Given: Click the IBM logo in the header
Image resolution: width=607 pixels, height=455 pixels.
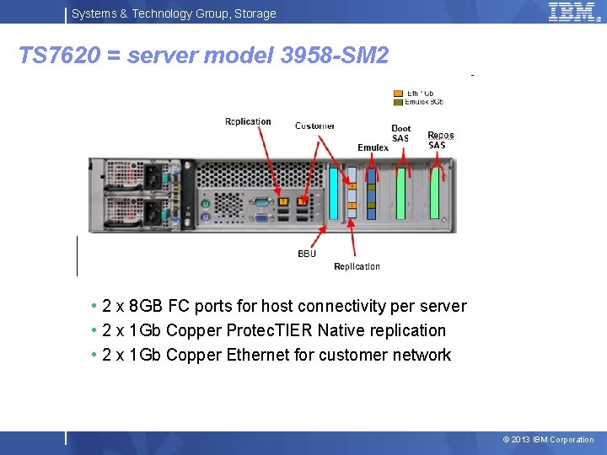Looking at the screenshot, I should coord(573,12).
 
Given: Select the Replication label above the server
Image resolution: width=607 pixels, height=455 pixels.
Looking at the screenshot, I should coord(248,121).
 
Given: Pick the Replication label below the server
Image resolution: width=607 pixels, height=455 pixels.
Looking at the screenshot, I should coord(357,266).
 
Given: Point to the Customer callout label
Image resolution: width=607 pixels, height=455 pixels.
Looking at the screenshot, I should coord(315,126).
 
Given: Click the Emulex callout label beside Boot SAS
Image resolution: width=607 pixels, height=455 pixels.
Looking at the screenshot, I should coord(373,147).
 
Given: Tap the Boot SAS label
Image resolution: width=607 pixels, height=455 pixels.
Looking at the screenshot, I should coord(400,133).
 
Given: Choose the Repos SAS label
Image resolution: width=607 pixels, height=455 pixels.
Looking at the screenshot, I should coord(440,140).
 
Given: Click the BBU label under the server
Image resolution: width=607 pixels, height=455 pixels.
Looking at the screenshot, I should coord(307,254).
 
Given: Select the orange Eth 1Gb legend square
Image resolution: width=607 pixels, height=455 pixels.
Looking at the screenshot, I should coord(398,93).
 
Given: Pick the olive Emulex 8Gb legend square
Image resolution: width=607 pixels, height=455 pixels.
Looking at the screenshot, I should coord(398,102).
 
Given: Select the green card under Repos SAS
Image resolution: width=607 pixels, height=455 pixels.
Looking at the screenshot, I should coord(436,194).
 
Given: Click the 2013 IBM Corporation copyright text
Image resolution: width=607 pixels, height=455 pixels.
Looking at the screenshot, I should coord(548,439).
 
